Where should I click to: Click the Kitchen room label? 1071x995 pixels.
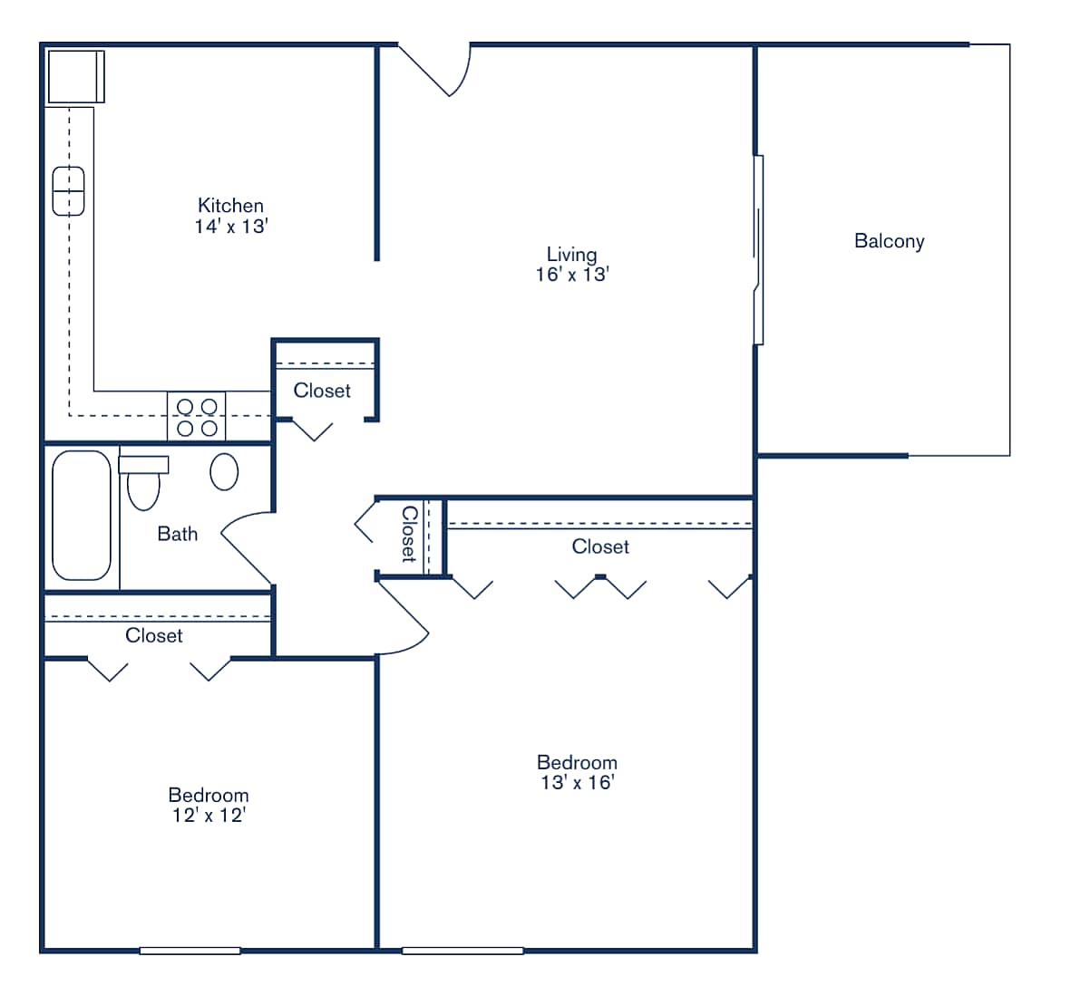(x=230, y=206)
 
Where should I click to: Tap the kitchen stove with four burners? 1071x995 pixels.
(x=197, y=417)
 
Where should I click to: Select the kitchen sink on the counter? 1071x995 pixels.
(x=68, y=191)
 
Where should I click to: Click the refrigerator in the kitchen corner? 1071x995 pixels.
(x=75, y=77)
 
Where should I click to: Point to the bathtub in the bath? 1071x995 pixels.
(x=82, y=515)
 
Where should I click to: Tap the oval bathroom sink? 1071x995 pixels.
(x=224, y=472)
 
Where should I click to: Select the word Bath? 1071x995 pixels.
(x=178, y=534)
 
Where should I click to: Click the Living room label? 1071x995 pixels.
(x=571, y=255)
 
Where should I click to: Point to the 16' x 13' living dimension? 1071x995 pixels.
(x=571, y=275)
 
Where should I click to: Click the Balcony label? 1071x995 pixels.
(x=889, y=241)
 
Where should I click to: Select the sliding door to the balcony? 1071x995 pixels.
(x=758, y=250)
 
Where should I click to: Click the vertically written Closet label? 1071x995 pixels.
(x=409, y=535)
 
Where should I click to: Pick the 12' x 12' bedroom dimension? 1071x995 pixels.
(x=209, y=816)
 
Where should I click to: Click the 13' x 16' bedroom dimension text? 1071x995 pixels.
(x=577, y=783)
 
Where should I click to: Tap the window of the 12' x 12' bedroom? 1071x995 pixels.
(x=190, y=951)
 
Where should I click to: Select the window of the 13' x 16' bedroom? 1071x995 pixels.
(x=462, y=951)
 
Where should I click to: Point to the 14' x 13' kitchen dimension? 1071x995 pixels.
(x=230, y=227)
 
